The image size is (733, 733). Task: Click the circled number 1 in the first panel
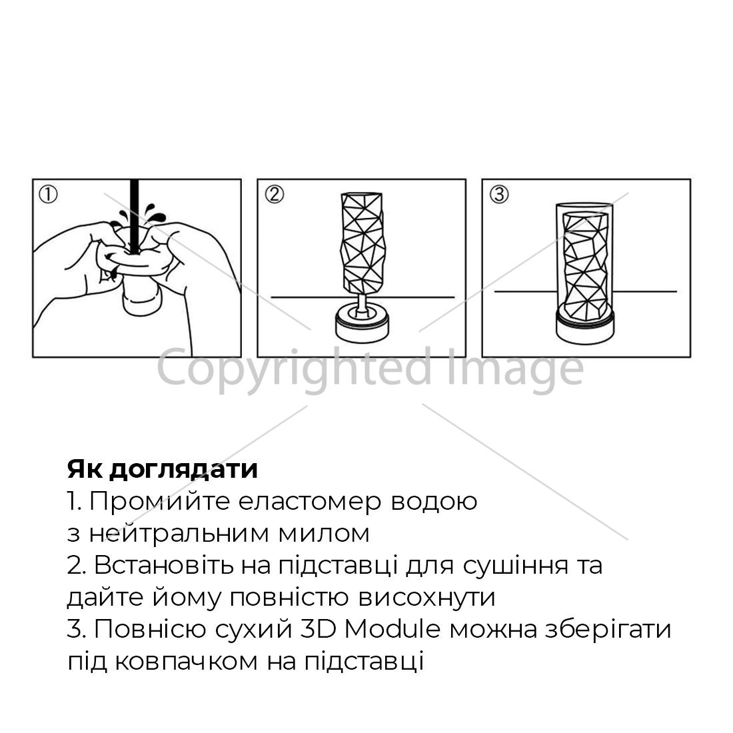48,195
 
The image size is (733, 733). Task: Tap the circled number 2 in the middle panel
275,194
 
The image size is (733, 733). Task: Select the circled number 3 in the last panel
499,194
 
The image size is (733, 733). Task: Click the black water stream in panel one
135,216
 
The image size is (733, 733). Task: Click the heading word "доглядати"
184,469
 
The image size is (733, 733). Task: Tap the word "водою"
433,502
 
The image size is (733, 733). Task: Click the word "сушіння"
516,566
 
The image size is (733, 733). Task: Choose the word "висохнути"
426,598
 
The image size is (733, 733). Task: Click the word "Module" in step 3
392,629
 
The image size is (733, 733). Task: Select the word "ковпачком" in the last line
186,662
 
